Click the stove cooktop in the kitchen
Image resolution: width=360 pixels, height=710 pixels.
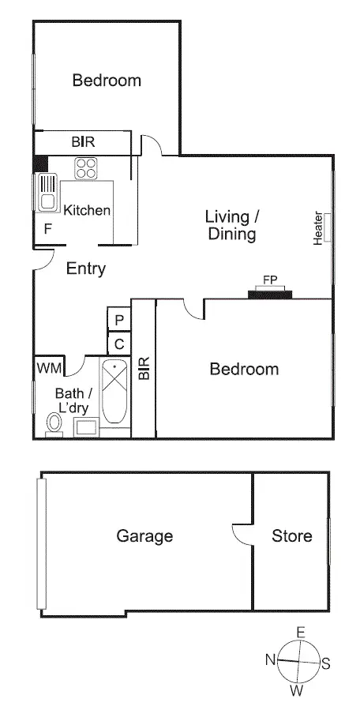[85, 168]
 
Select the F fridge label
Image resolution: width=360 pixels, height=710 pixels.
[48, 230]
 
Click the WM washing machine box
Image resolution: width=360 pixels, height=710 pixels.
[45, 368]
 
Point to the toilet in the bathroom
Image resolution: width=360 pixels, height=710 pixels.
[54, 424]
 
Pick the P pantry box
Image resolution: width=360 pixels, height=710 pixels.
[119, 320]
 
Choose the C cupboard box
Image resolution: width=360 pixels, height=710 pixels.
[119, 344]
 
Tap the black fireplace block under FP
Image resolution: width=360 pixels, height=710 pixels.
[270, 295]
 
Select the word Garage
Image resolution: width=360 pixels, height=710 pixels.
[144, 536]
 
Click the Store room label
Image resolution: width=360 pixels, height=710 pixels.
[291, 536]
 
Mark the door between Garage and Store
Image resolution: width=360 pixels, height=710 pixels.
[242, 535]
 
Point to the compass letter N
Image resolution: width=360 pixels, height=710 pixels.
[270, 659]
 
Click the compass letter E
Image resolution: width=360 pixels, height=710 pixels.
[300, 632]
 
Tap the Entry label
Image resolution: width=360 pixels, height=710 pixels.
[85, 269]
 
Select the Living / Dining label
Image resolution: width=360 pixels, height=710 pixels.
[231, 225]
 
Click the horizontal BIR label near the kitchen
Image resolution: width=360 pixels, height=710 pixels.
[83, 143]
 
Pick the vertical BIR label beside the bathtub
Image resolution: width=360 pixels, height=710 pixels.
[144, 368]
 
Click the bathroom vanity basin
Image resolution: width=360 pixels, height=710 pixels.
[85, 427]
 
